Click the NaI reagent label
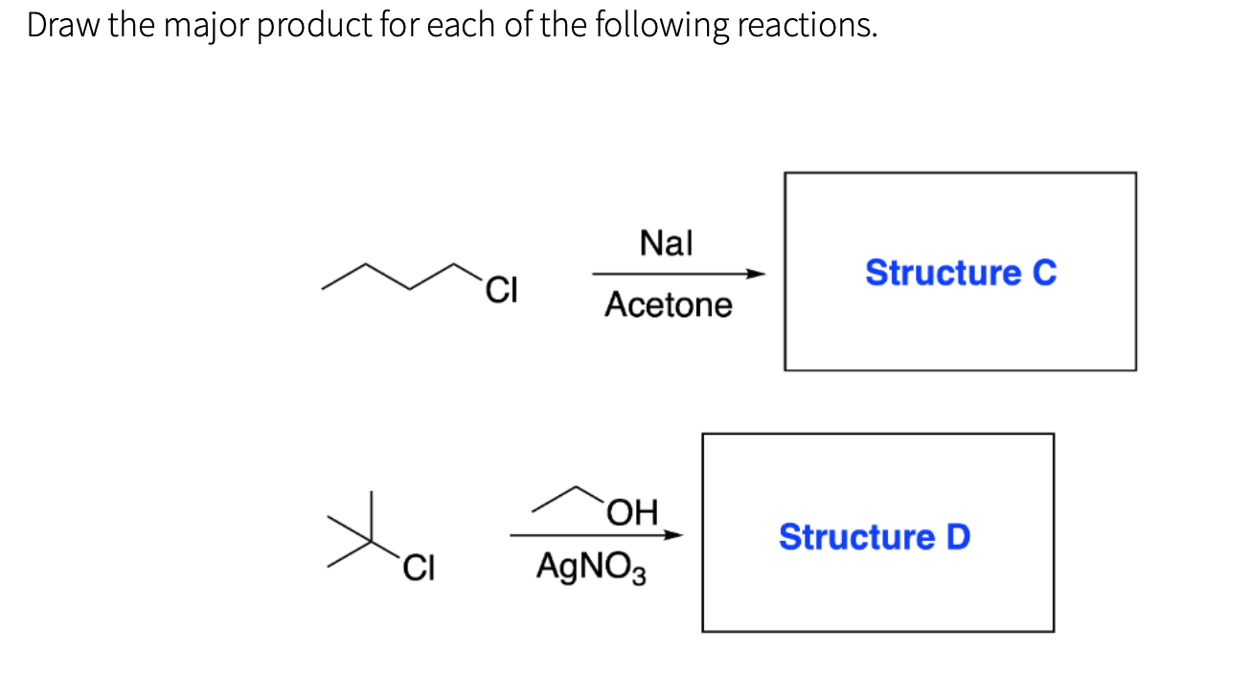click(x=666, y=244)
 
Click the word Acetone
click(x=668, y=305)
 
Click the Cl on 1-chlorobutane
click(x=501, y=288)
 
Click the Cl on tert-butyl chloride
click(x=418, y=568)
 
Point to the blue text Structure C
click(x=960, y=273)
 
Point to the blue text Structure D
click(x=874, y=536)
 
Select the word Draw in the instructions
click(x=63, y=26)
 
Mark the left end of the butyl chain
click(x=324, y=285)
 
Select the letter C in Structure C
click(x=1043, y=273)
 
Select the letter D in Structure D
click(x=957, y=536)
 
